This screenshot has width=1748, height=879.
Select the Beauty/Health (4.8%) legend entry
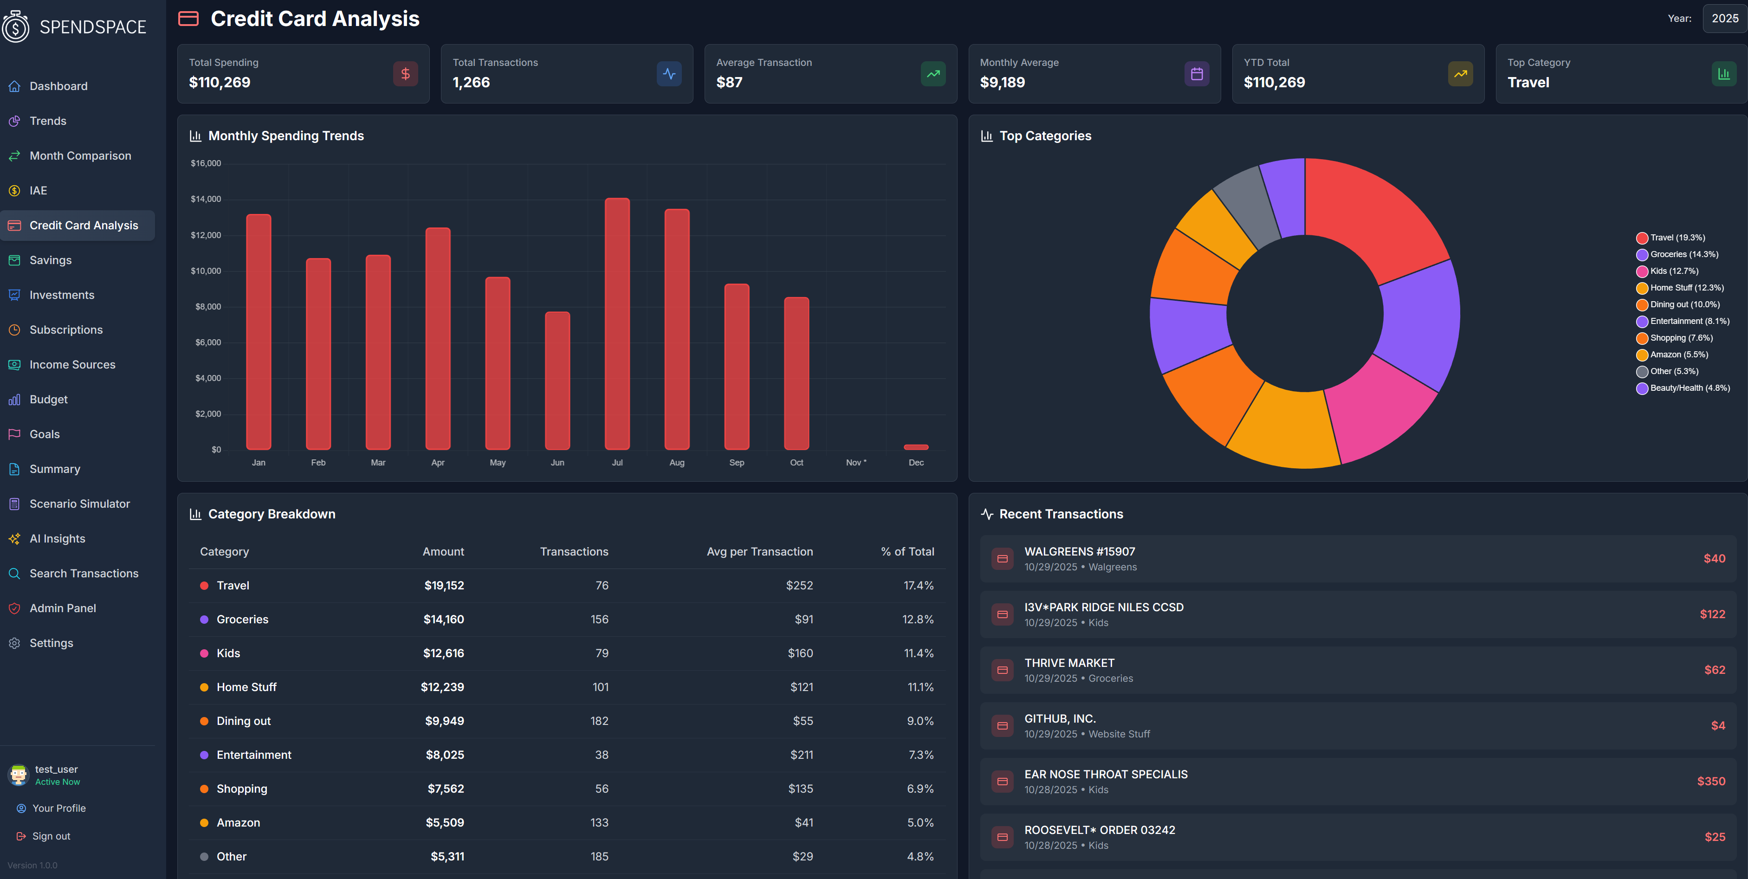pyautogui.click(x=1689, y=388)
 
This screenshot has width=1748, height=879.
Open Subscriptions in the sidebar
pyautogui.click(x=66, y=330)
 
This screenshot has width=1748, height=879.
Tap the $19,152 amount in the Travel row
pyautogui.click(x=444, y=585)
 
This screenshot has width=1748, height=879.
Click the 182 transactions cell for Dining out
pyautogui.click(x=599, y=721)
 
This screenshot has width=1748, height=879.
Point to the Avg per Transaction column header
pyautogui.click(x=759, y=551)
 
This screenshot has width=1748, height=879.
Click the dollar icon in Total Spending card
pyautogui.click(x=405, y=74)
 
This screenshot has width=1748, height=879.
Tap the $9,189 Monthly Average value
pyautogui.click(x=1002, y=83)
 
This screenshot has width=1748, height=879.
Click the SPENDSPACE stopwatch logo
pyautogui.click(x=16, y=26)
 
